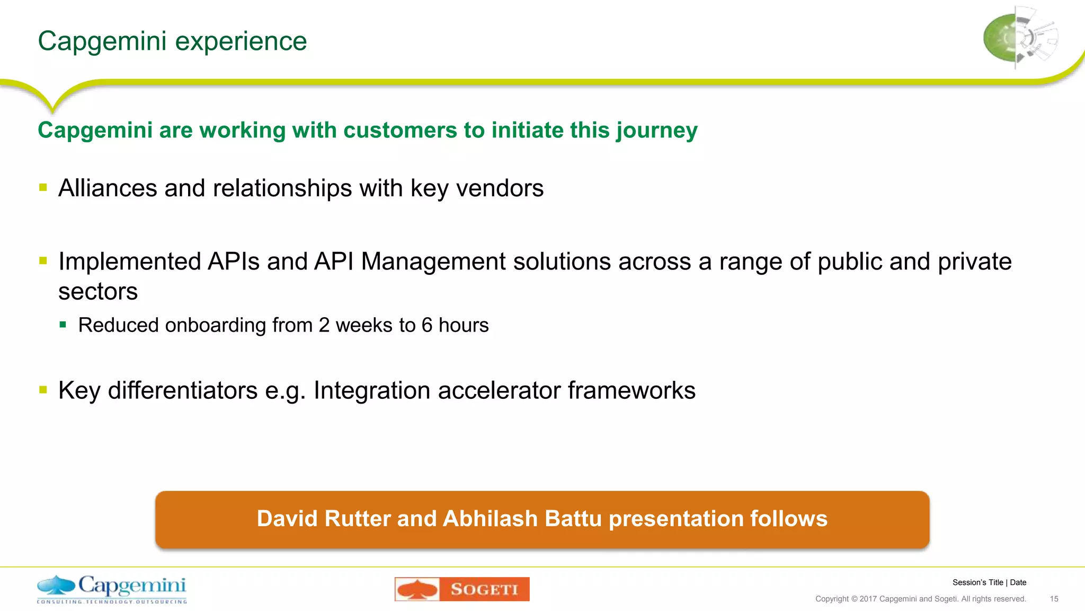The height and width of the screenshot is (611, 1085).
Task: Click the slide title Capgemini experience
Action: pyautogui.click(x=172, y=41)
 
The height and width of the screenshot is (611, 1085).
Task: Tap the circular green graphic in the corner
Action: pyautogui.click(x=1020, y=38)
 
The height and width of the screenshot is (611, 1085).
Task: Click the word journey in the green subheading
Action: pyautogui.click(x=656, y=131)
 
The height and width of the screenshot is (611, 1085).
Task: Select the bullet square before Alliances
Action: pyautogui.click(x=43, y=187)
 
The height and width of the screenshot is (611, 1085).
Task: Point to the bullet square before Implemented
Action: pyautogui.click(x=43, y=260)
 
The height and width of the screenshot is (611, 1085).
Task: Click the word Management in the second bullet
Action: pyautogui.click(x=433, y=262)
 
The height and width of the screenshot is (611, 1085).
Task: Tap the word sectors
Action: pyautogui.click(x=98, y=292)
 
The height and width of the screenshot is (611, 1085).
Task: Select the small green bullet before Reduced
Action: pyautogui.click(x=63, y=325)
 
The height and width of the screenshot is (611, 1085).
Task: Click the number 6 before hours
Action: pyautogui.click(x=427, y=325)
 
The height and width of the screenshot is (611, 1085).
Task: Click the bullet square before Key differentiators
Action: pyautogui.click(x=43, y=390)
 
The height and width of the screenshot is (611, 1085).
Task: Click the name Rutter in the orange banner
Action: pyautogui.click(x=357, y=519)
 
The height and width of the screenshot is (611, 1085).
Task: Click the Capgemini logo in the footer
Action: pyautogui.click(x=112, y=589)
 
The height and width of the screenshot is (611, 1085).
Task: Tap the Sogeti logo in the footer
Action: pyautogui.click(x=462, y=589)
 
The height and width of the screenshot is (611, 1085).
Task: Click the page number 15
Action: pyautogui.click(x=1054, y=599)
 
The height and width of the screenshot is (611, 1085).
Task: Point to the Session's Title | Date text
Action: pyautogui.click(x=989, y=582)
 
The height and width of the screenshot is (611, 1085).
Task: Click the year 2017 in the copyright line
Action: pyautogui.click(x=868, y=599)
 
